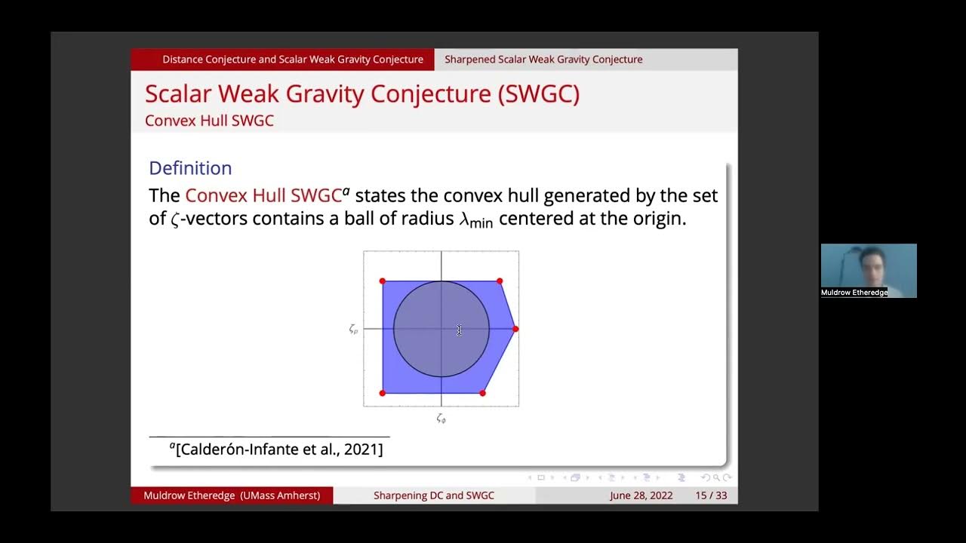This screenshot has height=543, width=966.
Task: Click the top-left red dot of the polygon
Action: [x=383, y=281]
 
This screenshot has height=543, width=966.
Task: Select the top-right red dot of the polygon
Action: [x=500, y=281]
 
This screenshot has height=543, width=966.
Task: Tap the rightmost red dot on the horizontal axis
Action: [x=515, y=329]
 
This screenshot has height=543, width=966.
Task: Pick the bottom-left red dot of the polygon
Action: [x=383, y=393]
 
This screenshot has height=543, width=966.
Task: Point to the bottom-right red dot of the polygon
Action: [x=483, y=393]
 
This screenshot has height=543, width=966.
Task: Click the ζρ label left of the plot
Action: [x=353, y=330]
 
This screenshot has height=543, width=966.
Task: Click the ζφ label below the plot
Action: [x=441, y=419]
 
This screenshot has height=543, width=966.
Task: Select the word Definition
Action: [x=190, y=168]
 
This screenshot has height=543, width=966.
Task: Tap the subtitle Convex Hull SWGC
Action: [x=209, y=121]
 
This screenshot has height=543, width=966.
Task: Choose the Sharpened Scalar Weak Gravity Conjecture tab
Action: [x=543, y=60]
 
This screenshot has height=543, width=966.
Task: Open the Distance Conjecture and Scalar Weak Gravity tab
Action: [x=292, y=60]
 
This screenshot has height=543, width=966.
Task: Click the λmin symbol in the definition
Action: [x=475, y=221]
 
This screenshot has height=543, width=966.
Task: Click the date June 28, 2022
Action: [x=641, y=495]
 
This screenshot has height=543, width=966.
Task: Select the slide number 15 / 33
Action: [x=711, y=495]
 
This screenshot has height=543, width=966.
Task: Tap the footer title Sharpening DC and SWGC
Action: [x=434, y=495]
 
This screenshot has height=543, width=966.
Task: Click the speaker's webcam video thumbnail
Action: [x=868, y=270]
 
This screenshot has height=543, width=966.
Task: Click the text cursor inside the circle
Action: [x=459, y=330]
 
